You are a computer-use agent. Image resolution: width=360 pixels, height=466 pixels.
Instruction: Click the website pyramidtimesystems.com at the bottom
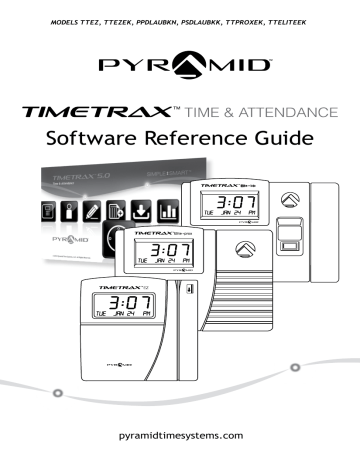[x=180, y=436]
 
